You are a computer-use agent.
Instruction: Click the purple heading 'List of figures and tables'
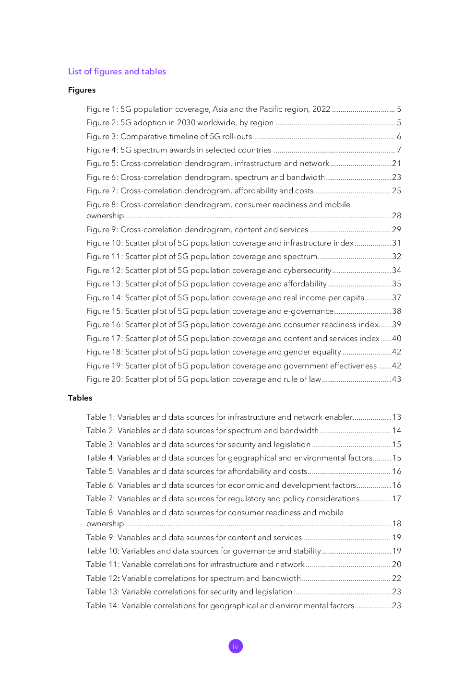click(x=117, y=71)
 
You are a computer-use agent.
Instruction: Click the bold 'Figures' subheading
click(x=82, y=90)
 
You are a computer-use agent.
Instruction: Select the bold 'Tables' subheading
click(x=80, y=398)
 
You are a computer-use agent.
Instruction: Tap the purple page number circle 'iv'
click(x=236, y=646)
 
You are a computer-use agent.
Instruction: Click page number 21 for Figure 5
click(x=396, y=164)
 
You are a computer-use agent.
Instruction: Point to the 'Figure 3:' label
click(x=102, y=137)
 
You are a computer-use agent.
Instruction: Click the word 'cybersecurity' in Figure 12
click(x=308, y=271)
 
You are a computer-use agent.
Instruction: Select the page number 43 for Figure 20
click(x=396, y=379)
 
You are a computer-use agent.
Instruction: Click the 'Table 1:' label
click(x=100, y=417)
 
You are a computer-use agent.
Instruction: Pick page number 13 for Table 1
click(x=396, y=417)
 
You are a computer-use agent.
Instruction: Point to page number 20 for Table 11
click(x=396, y=565)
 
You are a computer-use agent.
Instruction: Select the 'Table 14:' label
click(x=103, y=606)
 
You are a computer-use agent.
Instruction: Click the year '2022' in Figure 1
click(x=321, y=109)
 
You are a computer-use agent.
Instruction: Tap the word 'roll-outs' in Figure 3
click(x=237, y=137)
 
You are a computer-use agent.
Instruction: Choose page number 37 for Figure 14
click(x=396, y=298)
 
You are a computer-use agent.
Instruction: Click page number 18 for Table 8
click(x=396, y=524)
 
